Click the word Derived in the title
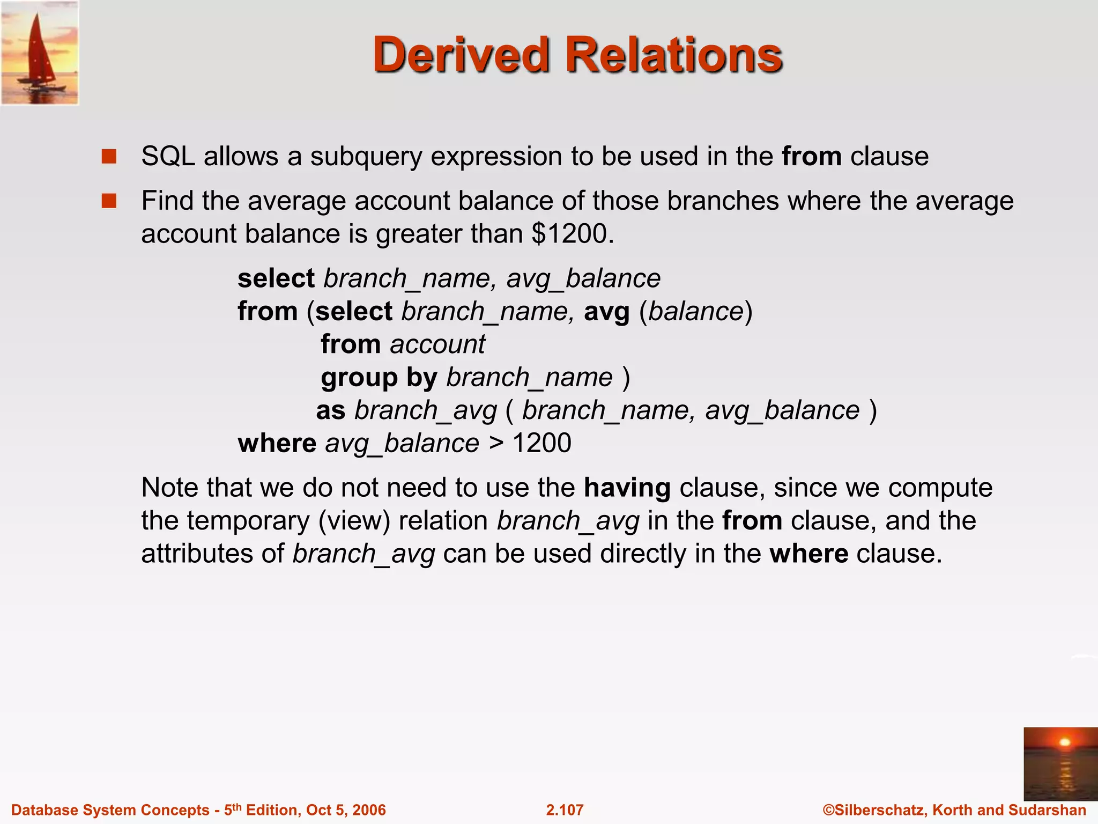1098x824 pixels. coord(461,55)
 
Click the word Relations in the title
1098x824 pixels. coord(674,55)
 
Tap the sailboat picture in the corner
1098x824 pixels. coord(40,53)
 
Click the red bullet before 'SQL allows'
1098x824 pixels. coord(109,157)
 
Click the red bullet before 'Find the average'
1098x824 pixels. coord(109,201)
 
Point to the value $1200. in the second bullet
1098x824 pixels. coord(573,234)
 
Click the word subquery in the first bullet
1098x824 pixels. coord(366,157)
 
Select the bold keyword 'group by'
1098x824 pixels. coord(379,378)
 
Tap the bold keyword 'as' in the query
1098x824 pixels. coord(331,411)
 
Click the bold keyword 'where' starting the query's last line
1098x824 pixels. coord(277,444)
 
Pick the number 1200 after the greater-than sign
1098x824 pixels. coord(541,444)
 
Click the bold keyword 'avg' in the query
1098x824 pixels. coord(606,312)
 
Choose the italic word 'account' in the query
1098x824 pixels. coord(437,344)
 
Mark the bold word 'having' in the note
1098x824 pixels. coord(627,488)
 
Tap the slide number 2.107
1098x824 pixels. coord(565,810)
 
